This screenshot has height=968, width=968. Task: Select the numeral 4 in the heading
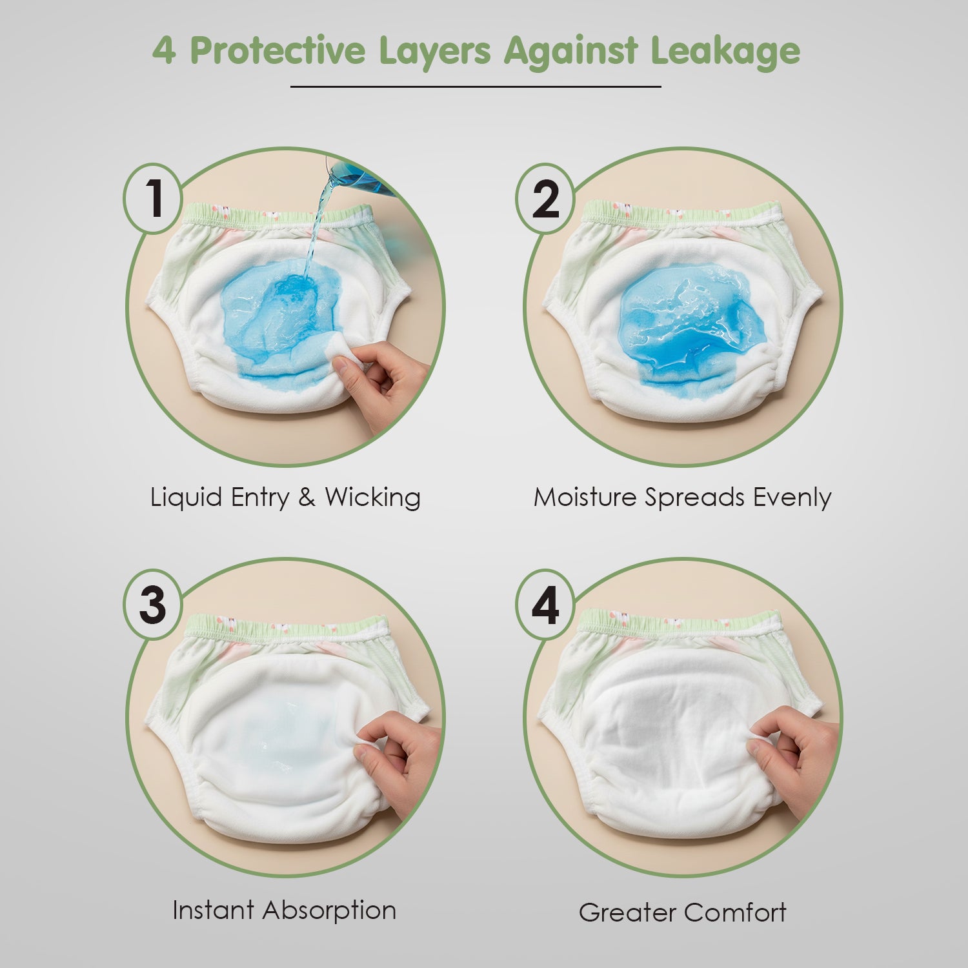click(x=163, y=51)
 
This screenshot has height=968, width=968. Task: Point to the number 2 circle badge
click(x=545, y=198)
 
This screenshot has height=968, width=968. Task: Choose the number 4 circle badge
click(x=545, y=605)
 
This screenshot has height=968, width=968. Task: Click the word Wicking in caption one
click(x=372, y=498)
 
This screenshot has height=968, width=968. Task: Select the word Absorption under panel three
click(x=330, y=911)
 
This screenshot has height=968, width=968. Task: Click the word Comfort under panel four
click(x=734, y=913)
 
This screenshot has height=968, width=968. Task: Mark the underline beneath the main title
click(x=476, y=86)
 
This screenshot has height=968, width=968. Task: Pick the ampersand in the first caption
click(x=307, y=498)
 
